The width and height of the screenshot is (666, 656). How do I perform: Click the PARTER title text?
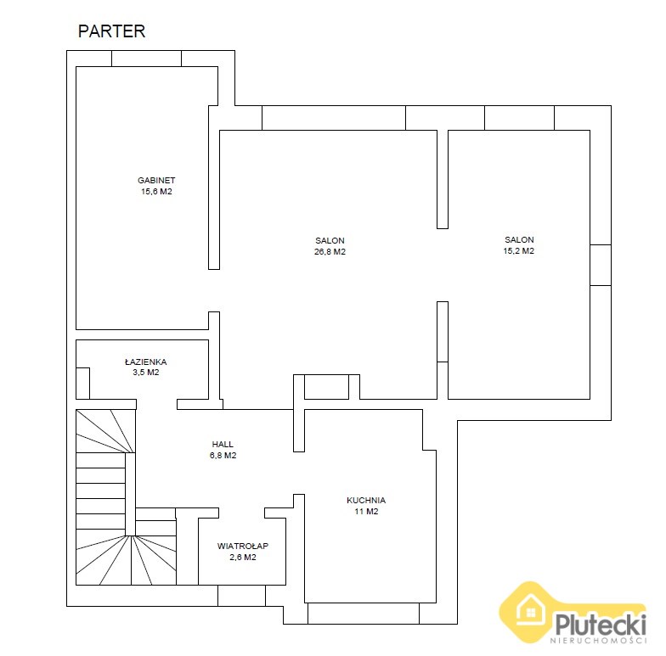point(112,31)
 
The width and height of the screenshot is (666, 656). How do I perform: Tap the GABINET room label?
point(156,180)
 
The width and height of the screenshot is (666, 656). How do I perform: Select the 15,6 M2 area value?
point(156,192)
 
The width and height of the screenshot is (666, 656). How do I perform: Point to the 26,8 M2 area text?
point(330,251)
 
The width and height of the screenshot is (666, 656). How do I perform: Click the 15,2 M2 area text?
point(518,251)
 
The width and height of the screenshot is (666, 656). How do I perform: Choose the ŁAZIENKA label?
point(146,362)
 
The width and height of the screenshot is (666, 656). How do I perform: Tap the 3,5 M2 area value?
point(146,373)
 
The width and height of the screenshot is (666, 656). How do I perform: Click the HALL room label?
point(223,445)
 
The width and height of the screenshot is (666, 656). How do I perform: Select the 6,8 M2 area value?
point(223,455)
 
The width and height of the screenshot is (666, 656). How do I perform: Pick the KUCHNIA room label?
point(366,501)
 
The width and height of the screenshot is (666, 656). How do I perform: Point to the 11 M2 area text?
point(366,511)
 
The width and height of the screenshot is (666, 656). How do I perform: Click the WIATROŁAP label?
point(243,547)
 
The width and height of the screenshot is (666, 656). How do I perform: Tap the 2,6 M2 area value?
point(243,557)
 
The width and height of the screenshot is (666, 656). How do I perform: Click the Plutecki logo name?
point(601,624)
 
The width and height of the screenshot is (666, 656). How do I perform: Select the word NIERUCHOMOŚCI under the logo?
point(598,640)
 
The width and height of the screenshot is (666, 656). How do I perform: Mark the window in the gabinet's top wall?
point(146,59)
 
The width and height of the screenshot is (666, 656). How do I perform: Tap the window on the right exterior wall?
point(601,265)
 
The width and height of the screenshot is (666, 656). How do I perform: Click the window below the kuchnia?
point(364,614)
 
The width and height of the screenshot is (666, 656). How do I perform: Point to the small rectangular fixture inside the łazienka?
point(83,384)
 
